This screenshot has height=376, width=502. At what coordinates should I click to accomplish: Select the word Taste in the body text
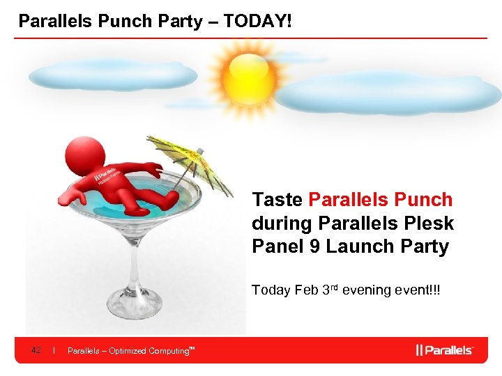point(277,200)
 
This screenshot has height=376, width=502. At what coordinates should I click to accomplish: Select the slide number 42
point(36,350)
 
